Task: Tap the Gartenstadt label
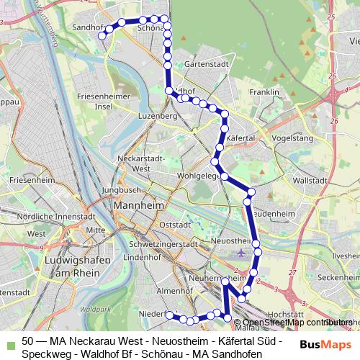tap(204, 64)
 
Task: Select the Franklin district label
tap(264, 93)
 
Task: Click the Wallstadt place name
tap(311, 180)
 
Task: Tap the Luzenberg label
tap(158, 115)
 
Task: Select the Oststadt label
tap(175, 225)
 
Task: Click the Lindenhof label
tap(141, 257)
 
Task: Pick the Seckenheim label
tap(338, 277)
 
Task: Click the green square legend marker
tap(9, 342)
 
